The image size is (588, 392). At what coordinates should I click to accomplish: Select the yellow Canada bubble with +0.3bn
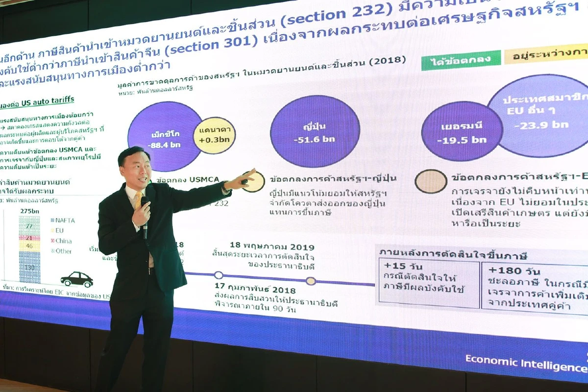point(215,136)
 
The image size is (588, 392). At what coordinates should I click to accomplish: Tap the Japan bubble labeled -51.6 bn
point(315,133)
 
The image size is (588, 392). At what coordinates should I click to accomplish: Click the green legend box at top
point(461,60)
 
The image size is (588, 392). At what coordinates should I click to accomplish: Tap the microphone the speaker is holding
point(145,216)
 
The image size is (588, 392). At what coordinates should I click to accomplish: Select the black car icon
point(77,279)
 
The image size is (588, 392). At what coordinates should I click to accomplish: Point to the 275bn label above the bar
point(30,210)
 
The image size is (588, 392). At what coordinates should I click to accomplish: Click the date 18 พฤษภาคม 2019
point(272,247)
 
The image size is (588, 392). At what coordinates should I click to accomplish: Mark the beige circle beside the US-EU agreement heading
point(431,182)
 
